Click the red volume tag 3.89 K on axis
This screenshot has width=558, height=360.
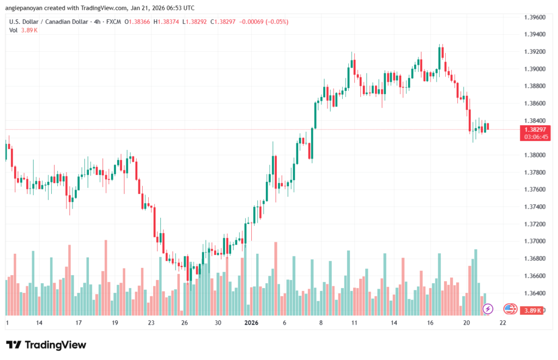coord(532,310)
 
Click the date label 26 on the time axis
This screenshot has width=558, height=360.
coord(185,322)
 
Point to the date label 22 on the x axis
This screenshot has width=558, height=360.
coord(502,322)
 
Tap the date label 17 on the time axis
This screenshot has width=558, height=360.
coord(78,322)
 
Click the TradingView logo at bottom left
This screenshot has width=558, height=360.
coord(46,345)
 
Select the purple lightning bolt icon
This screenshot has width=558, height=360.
coord(488,309)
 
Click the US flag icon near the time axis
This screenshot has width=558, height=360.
coord(510,309)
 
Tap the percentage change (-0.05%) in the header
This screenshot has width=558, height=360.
coord(276,22)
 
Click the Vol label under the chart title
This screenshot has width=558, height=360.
coord(14,30)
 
